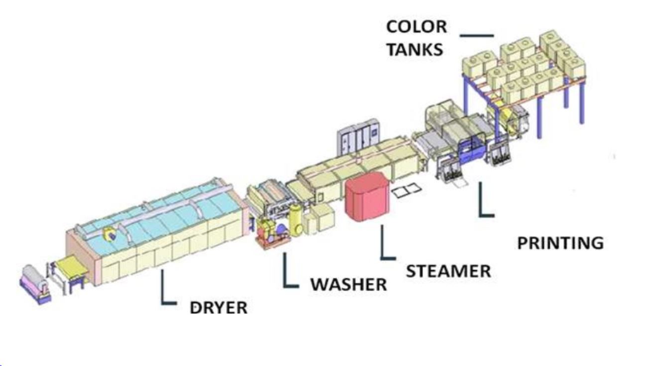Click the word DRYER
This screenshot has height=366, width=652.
tap(218, 307)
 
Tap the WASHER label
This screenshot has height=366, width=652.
tap(348, 284)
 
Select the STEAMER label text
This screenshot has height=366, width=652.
tap(448, 271)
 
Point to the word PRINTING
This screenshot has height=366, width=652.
tap(560, 243)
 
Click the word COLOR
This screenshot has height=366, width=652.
tap(416, 28)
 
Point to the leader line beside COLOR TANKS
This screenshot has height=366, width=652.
tap(476, 36)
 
